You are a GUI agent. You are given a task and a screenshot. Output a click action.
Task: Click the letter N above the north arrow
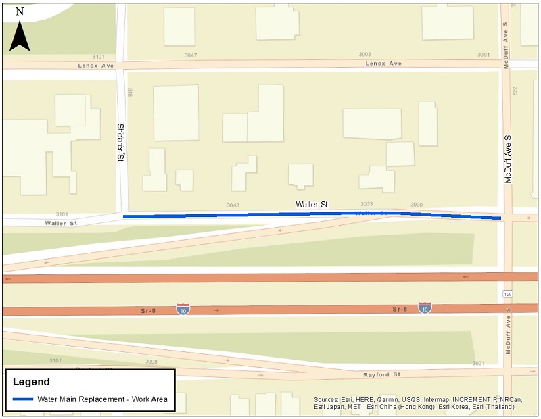tap(20, 11)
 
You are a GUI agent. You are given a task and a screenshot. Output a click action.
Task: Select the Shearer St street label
tap(120, 143)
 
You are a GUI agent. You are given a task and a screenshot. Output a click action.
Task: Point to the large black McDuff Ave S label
tap(508, 159)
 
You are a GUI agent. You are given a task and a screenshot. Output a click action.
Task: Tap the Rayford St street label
tap(383, 374)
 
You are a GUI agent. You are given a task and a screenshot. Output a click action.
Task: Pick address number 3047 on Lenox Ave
tap(189, 55)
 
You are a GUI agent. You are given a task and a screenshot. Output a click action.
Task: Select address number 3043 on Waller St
tap(233, 205)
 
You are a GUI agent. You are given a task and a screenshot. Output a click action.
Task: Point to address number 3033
tap(367, 204)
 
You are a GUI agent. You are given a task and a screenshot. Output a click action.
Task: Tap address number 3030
tap(416, 205)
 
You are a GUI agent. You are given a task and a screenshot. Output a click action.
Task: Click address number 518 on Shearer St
tap(128, 91)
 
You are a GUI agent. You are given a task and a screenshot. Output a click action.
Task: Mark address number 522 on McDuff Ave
tap(515, 90)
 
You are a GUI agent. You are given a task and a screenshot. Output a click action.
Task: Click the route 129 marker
tap(507, 295)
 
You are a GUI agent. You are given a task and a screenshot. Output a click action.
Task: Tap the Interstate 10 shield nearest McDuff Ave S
tap(425, 308)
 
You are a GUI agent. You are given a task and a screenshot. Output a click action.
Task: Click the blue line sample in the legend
tap(22, 399)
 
